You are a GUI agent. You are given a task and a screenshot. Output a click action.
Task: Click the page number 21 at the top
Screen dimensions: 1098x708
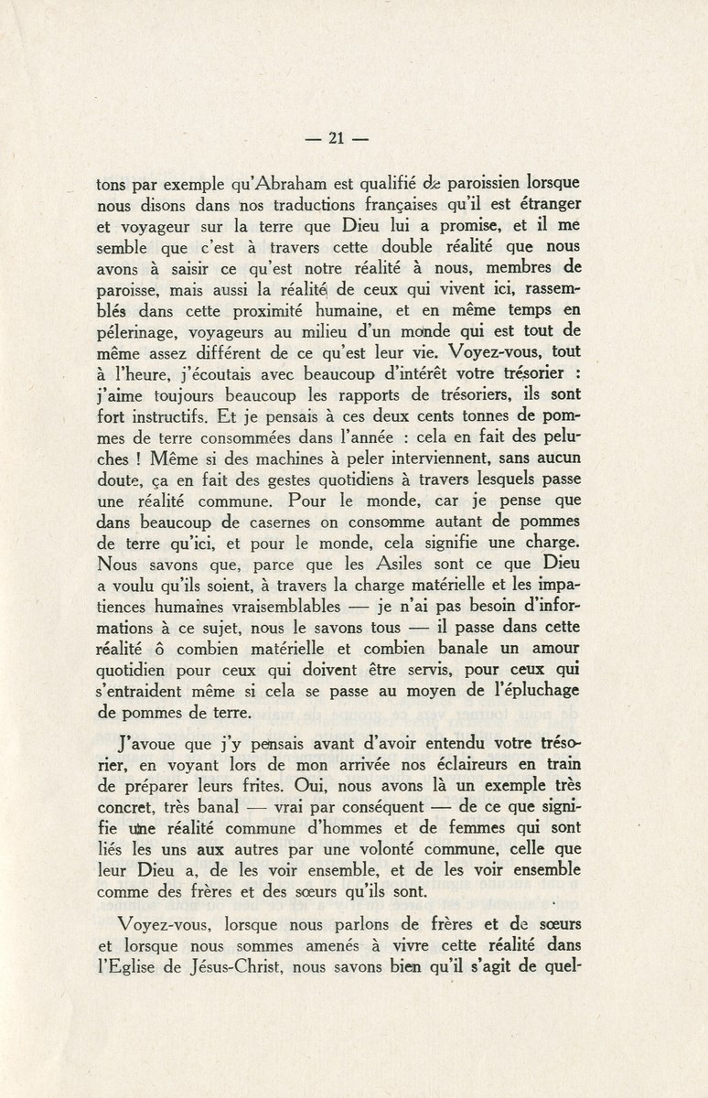pos(335,140)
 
